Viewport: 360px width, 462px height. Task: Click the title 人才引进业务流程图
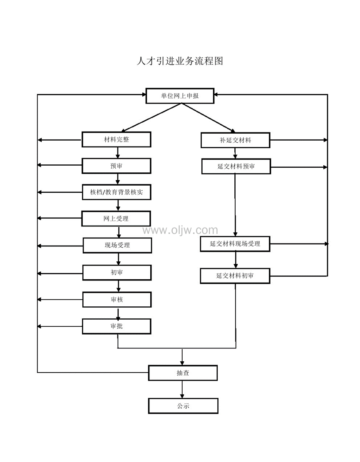pyautogui.click(x=180, y=61)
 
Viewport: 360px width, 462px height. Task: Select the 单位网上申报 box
pyautogui.click(x=180, y=96)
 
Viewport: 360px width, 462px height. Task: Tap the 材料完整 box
pyautogui.click(x=116, y=139)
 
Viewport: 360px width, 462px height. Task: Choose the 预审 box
pyautogui.click(x=116, y=166)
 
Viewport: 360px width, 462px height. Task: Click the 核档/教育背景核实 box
pyautogui.click(x=116, y=192)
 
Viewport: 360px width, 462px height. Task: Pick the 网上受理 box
pyautogui.click(x=116, y=218)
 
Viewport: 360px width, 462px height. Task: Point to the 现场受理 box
pyautogui.click(x=117, y=245)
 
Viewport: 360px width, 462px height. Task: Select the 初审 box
pyautogui.click(x=117, y=273)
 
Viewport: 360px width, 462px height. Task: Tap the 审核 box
pyautogui.click(x=117, y=299)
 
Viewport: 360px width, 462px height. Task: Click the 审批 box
pyautogui.click(x=117, y=326)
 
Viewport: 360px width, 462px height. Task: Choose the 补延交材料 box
pyautogui.click(x=235, y=140)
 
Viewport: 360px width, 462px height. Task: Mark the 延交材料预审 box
pyautogui.click(x=236, y=166)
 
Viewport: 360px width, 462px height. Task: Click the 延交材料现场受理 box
pyautogui.click(x=235, y=244)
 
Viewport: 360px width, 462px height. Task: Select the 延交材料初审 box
pyautogui.click(x=235, y=276)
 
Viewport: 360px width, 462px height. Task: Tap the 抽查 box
pyautogui.click(x=183, y=373)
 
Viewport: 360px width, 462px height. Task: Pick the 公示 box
pyautogui.click(x=183, y=406)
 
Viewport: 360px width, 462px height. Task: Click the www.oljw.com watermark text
pyautogui.click(x=180, y=230)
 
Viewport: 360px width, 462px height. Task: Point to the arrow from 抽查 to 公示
pyautogui.click(x=182, y=390)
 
